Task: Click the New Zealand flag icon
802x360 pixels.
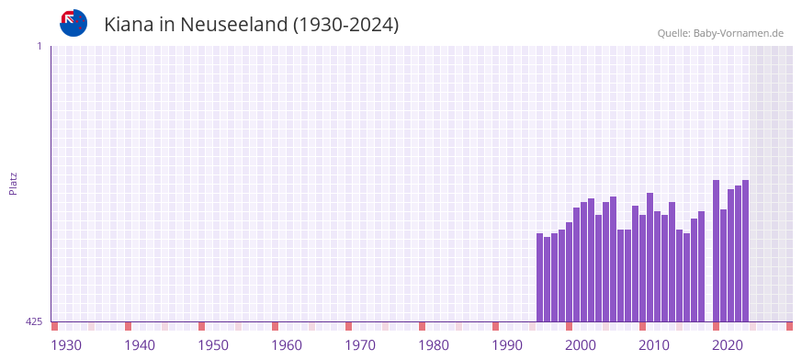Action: [x=73, y=23]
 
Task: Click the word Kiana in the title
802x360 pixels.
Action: [x=128, y=25]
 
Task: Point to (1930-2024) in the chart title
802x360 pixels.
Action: [x=345, y=25]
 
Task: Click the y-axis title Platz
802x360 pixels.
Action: [x=13, y=183]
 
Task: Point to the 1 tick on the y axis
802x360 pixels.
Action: [x=39, y=46]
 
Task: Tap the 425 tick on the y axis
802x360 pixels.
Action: [x=34, y=321]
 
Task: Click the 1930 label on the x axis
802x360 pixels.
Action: [x=66, y=345]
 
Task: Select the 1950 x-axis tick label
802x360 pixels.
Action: [x=213, y=345]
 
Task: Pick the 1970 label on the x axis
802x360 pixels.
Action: [x=360, y=345]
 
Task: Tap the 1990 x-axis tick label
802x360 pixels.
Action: [x=507, y=345]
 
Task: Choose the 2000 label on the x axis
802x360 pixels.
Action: [x=581, y=345]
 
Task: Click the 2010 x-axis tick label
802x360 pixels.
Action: [x=654, y=345]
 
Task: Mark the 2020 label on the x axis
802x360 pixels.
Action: [x=728, y=345]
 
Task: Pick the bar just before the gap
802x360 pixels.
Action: [x=701, y=266]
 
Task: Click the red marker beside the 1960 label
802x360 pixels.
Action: [x=275, y=326]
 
